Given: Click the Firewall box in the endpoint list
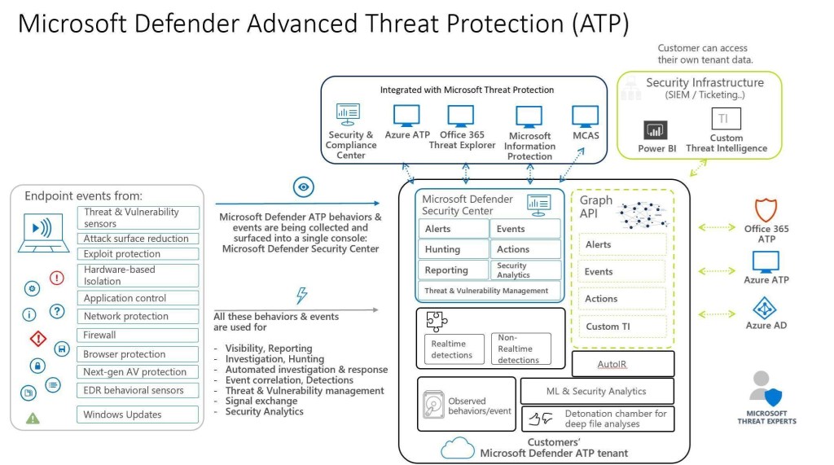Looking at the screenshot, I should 138,335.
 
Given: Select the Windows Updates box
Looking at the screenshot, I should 138,415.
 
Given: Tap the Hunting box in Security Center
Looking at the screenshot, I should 454,249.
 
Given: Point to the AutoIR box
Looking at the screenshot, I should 623,363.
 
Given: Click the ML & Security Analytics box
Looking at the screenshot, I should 597,392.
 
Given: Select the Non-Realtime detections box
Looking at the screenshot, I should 520,349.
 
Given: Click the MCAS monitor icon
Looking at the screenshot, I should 586,115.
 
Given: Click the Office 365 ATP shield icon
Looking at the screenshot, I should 766,210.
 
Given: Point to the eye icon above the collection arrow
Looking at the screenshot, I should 304,188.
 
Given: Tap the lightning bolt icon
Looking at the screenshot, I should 302,296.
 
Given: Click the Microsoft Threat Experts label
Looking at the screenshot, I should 766,417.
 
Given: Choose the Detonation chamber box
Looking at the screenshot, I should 597,419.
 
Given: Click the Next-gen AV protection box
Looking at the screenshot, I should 138,372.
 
